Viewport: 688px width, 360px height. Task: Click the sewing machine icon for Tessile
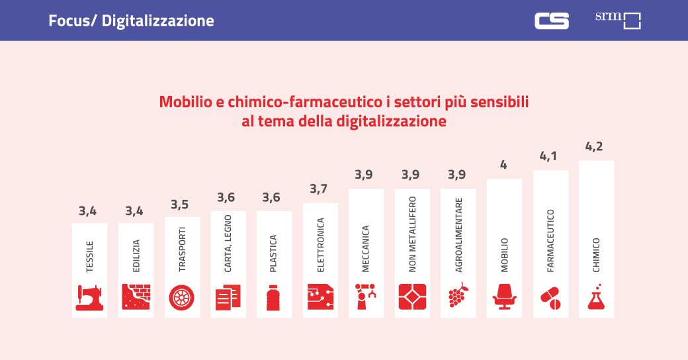tap(89, 297)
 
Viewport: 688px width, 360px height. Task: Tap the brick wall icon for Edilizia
tap(136, 297)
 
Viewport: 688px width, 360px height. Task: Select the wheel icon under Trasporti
tap(182, 297)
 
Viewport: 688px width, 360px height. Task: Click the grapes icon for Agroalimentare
tap(458, 296)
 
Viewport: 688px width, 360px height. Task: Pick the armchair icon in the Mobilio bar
tap(505, 297)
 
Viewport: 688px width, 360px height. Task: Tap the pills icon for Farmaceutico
tap(550, 298)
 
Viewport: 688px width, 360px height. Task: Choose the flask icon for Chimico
tap(597, 297)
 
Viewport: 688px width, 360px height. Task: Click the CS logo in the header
tap(551, 21)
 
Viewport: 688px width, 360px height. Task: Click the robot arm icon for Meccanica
tap(366, 297)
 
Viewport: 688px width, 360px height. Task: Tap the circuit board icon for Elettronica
tap(320, 297)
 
